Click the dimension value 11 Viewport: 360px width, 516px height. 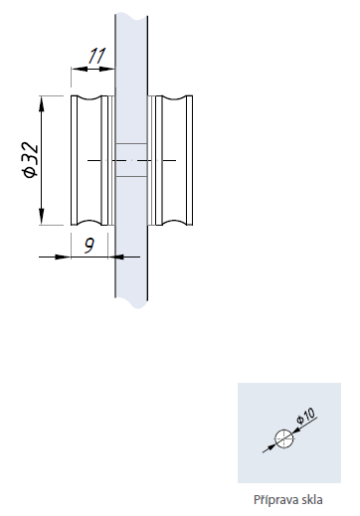96,56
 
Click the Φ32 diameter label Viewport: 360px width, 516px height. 31,159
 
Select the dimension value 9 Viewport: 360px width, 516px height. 90,246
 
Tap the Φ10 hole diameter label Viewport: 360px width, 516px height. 305,416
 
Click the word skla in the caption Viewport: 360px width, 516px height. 312,499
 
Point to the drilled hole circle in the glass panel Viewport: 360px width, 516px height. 284,438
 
